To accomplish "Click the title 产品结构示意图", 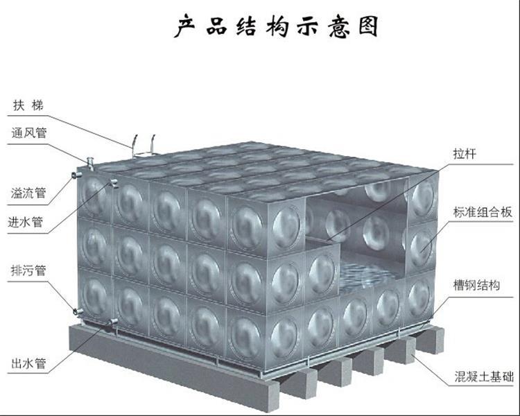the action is tap(276, 26).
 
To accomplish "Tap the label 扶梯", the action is tap(28, 105).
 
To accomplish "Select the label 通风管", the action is tap(29, 132).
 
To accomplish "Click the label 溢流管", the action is tap(28, 193).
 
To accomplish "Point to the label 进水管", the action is tap(26, 222).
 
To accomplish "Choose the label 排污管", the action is tap(28, 270).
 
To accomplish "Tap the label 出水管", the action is tap(28, 363).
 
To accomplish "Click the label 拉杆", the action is tap(465, 154).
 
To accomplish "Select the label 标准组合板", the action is tap(483, 212).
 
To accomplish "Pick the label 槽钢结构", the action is tap(476, 285).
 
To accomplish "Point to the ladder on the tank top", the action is tap(144, 146).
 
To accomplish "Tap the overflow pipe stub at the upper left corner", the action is tap(76, 175).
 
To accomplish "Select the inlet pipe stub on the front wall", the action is tap(114, 183).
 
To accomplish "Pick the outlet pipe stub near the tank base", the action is tap(114, 322).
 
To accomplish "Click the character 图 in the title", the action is tap(368, 26).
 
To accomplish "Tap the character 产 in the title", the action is tap(184, 26).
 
